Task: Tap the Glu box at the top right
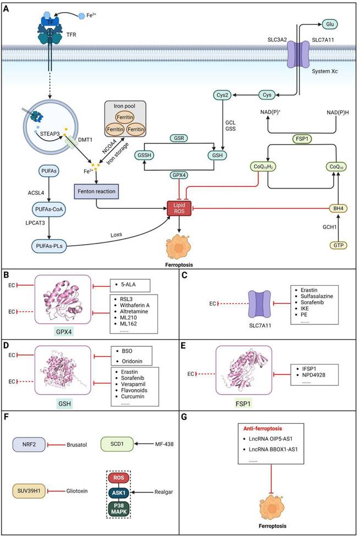pyautogui.click(x=330, y=24)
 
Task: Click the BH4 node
pyautogui.click(x=333, y=208)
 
